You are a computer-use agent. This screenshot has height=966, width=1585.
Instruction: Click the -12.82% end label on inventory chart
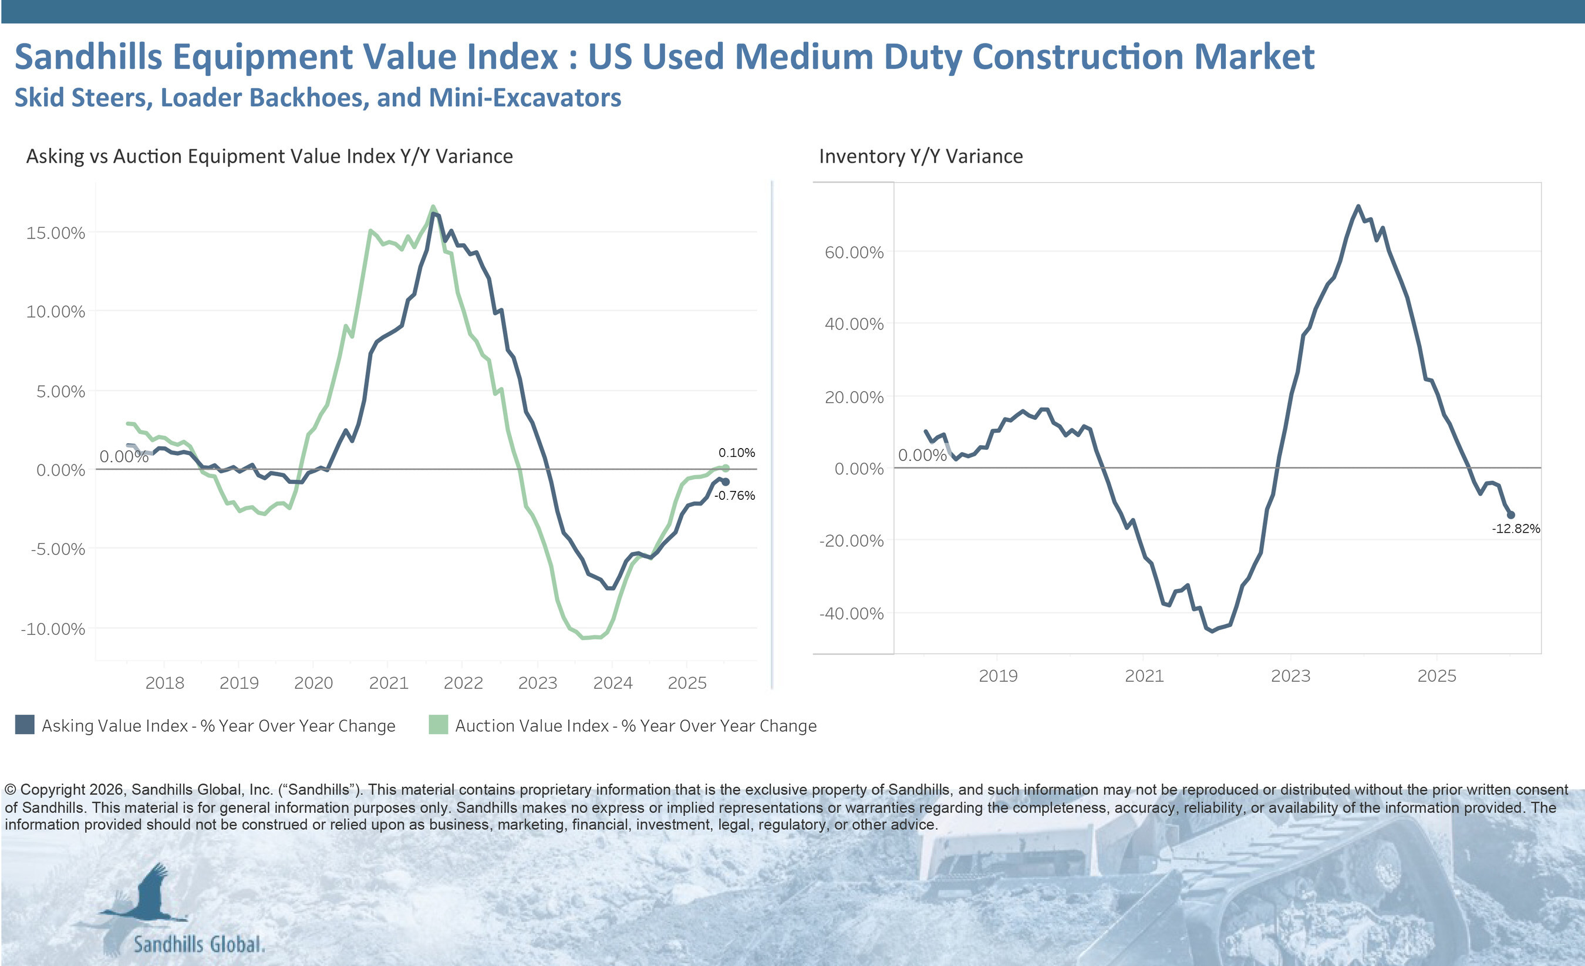(x=1516, y=529)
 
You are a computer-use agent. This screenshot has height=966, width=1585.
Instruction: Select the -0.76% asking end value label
(x=734, y=495)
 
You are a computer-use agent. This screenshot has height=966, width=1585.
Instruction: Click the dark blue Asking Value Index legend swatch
(x=25, y=725)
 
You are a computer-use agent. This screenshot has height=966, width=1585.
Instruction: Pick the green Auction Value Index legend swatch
(x=438, y=725)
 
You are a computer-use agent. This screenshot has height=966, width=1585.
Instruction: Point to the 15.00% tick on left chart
(x=55, y=233)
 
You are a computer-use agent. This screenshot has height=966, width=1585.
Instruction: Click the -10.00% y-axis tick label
(x=53, y=629)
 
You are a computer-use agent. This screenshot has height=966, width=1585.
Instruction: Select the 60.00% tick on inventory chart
(x=854, y=253)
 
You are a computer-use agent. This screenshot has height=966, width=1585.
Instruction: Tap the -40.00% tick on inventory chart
(x=851, y=613)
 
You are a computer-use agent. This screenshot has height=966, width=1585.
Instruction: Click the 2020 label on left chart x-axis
(x=313, y=683)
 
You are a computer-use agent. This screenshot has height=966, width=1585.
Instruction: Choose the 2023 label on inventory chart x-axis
(x=1290, y=676)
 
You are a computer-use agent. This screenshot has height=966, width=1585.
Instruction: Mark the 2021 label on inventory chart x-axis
(x=1144, y=676)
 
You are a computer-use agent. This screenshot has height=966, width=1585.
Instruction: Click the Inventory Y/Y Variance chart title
(x=920, y=156)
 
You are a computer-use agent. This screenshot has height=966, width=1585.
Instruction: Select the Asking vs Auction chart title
(x=269, y=156)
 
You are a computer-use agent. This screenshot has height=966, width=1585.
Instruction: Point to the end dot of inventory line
(x=1511, y=515)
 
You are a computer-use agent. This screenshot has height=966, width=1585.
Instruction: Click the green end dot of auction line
(x=726, y=468)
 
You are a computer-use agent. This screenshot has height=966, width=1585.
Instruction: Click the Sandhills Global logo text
(x=199, y=944)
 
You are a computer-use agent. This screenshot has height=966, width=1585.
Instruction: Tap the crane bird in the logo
(x=148, y=894)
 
